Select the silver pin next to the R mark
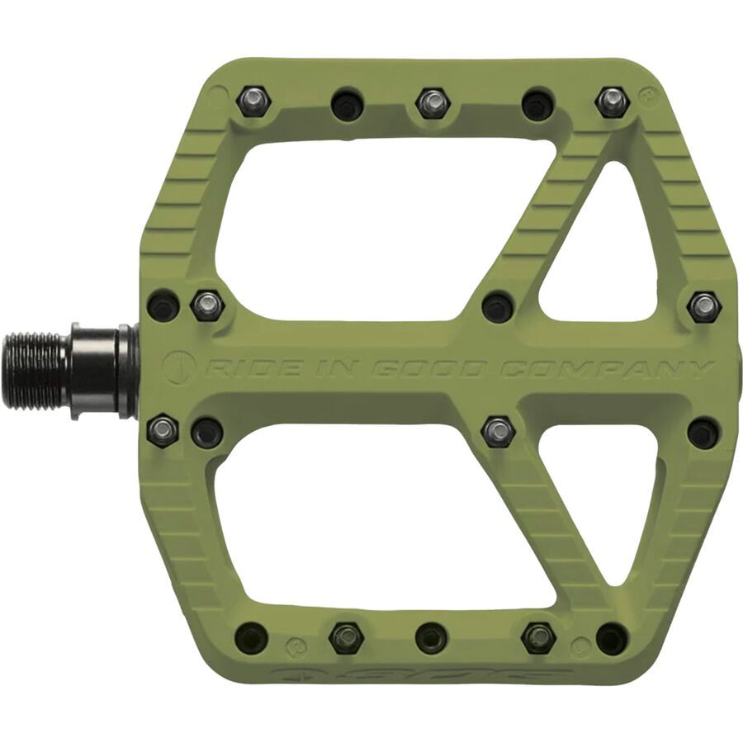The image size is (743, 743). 611,102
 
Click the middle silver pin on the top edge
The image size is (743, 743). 431,103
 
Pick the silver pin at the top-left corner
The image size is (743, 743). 252,102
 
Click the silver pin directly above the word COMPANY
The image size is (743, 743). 703,307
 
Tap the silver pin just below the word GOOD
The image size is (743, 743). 497,430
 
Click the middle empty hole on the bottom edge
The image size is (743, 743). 431,637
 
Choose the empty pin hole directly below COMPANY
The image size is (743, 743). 703,432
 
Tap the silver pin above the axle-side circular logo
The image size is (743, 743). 207,306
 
